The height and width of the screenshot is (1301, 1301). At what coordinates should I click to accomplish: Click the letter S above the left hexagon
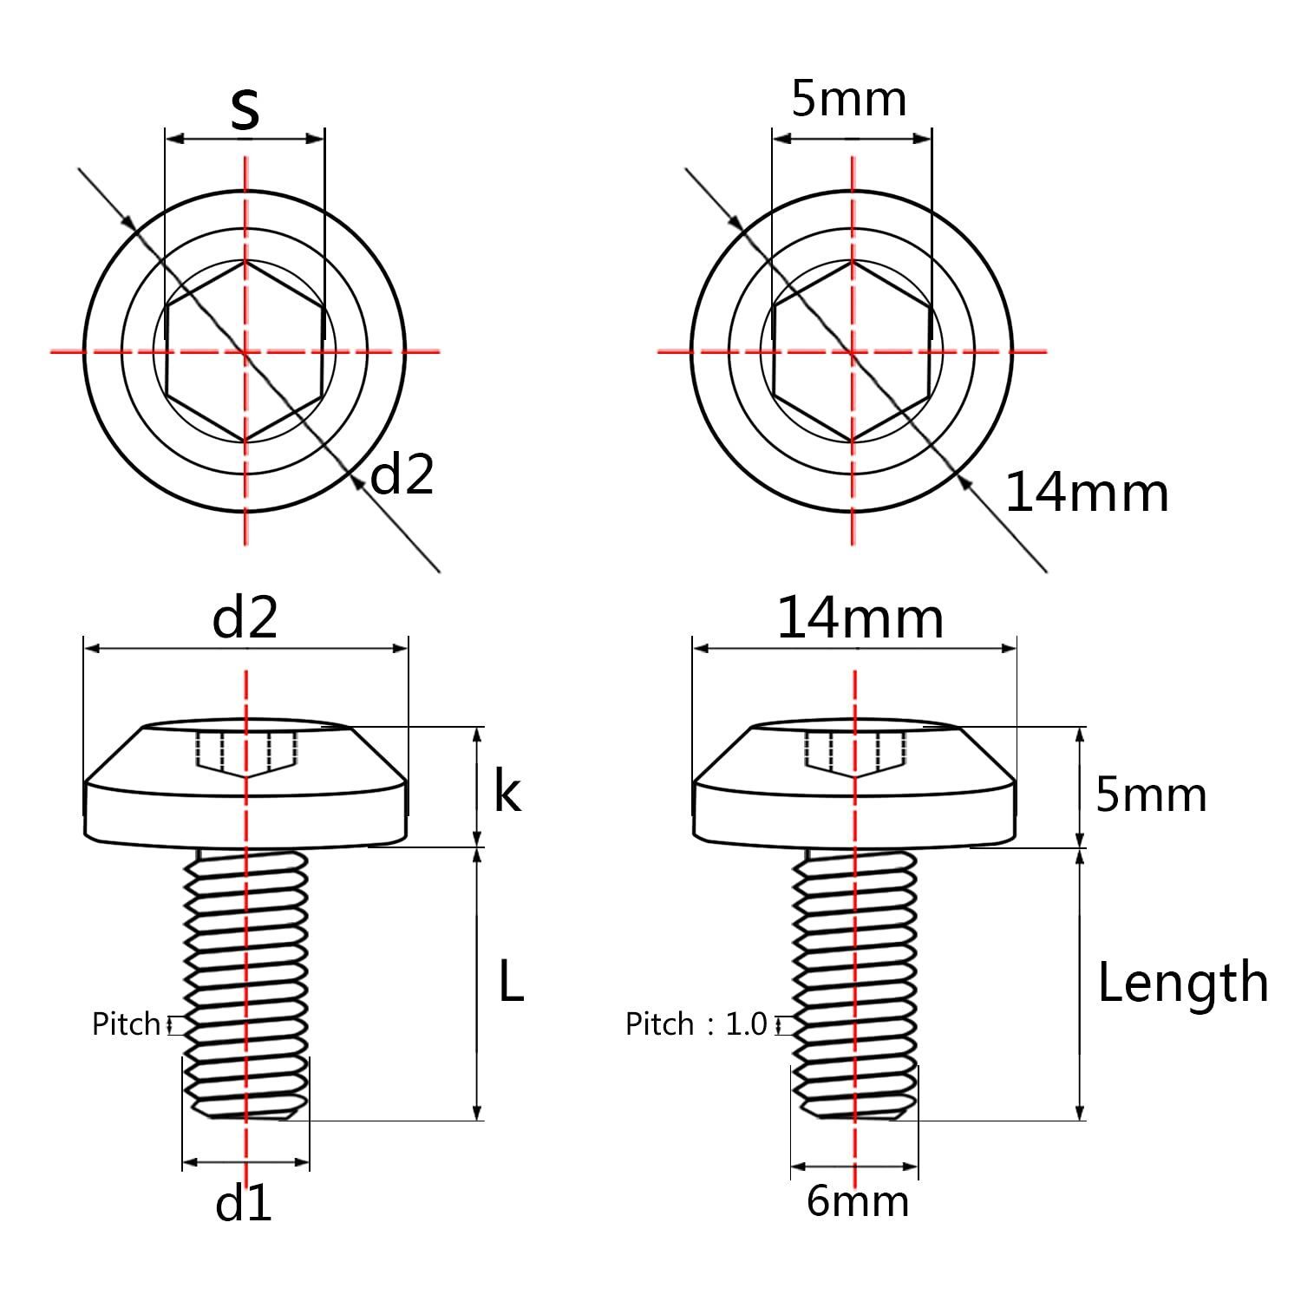[x=245, y=109]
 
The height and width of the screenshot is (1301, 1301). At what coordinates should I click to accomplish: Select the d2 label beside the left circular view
[x=402, y=474]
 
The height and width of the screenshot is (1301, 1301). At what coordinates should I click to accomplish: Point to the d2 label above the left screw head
[x=245, y=618]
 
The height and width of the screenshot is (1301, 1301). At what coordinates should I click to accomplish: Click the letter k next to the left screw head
[x=507, y=791]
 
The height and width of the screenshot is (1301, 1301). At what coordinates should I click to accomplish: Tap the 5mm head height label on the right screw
[x=1151, y=794]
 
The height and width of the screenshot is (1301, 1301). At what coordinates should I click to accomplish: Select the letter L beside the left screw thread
[x=512, y=982]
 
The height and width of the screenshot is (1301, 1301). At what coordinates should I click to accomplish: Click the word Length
[x=1183, y=984]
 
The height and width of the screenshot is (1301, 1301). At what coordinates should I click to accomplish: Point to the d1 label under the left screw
[x=244, y=1203]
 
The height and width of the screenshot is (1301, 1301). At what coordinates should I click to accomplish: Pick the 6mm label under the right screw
[x=858, y=1201]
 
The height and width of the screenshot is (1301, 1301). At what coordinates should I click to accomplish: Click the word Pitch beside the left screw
[x=127, y=1024]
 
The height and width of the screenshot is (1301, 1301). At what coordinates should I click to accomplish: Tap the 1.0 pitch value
[x=747, y=1024]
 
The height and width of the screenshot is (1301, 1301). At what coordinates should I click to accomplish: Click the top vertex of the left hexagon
[x=245, y=260]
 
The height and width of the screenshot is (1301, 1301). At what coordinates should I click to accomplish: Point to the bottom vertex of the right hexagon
[x=853, y=442]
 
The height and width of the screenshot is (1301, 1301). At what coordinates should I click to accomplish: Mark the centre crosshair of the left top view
[x=245, y=351]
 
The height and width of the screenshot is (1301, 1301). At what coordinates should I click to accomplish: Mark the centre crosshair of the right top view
[x=853, y=351]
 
